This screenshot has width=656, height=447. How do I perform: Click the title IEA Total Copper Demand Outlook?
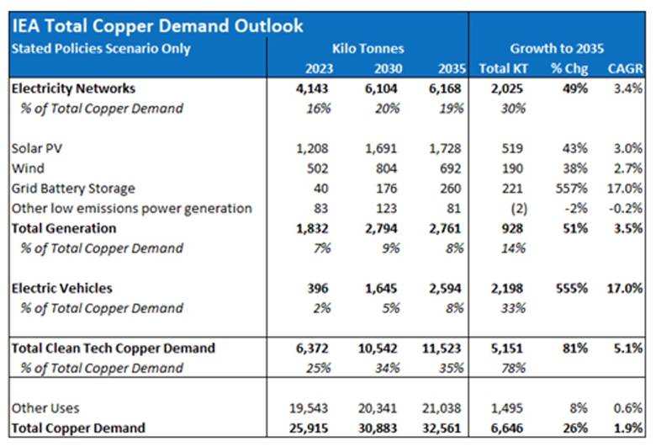(x=156, y=26)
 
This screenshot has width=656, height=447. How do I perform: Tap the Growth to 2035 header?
(x=556, y=48)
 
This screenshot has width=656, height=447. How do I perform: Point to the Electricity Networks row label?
(x=73, y=88)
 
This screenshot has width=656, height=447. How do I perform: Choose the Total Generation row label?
(x=64, y=228)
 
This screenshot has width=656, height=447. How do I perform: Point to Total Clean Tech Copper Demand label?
(x=114, y=348)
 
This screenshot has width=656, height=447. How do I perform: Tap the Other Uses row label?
(x=45, y=408)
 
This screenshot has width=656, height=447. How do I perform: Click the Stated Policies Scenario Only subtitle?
(x=100, y=48)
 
